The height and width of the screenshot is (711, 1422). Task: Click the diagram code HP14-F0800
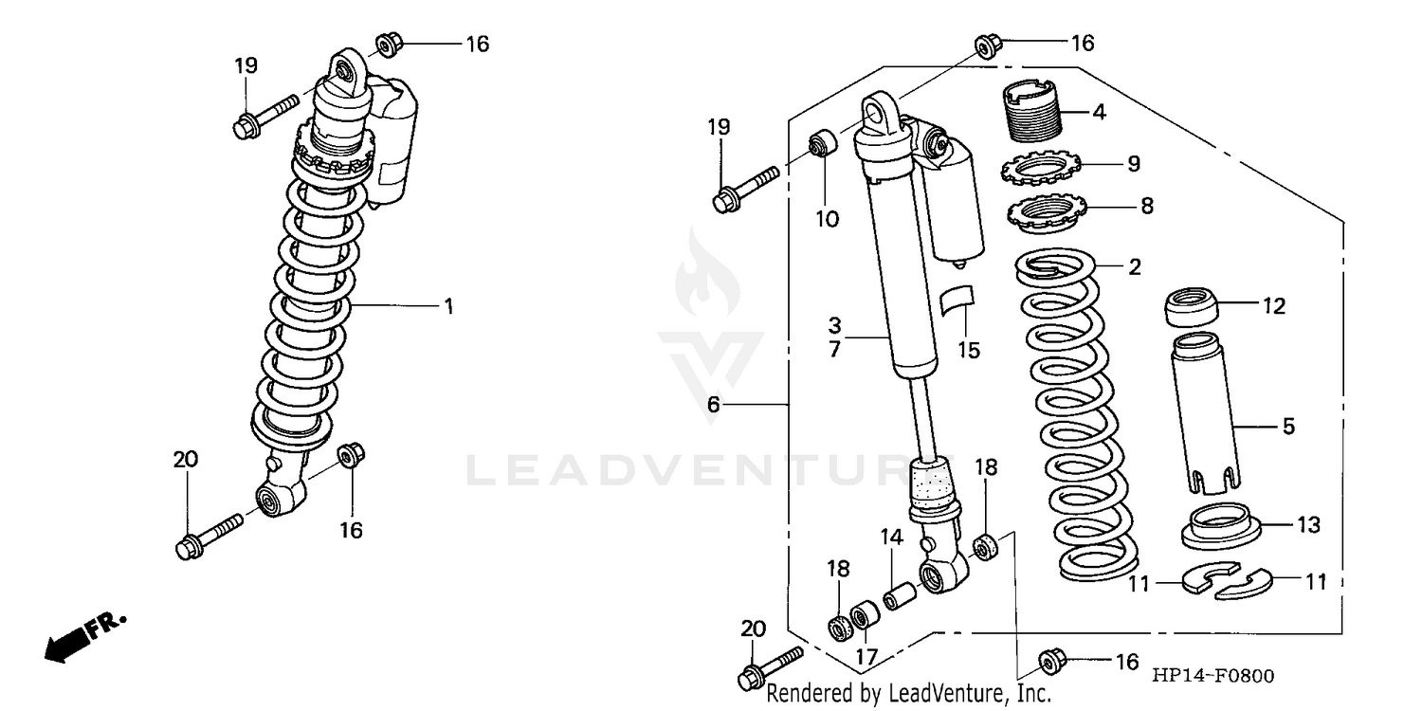pyautogui.click(x=1213, y=675)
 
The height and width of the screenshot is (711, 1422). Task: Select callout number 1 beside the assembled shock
pyautogui.click(x=449, y=306)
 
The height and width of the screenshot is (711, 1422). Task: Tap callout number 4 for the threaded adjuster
pyautogui.click(x=1099, y=112)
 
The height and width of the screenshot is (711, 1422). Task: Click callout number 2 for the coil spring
pyautogui.click(x=1135, y=267)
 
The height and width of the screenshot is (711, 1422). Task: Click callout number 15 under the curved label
pyautogui.click(x=968, y=350)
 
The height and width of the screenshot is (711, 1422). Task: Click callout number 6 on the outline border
pyautogui.click(x=713, y=405)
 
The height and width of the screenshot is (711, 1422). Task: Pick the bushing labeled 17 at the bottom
pyautogui.click(x=864, y=619)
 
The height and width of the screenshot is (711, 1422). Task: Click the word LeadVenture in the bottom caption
pyautogui.click(x=939, y=694)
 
